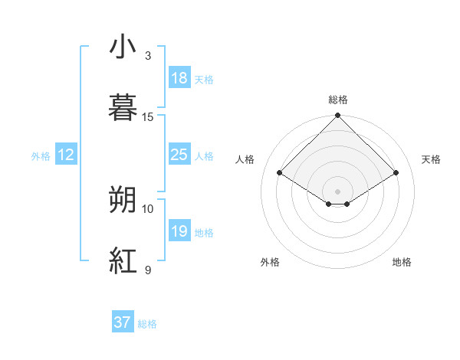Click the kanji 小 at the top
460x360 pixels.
pos(123,48)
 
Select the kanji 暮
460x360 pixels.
pos(123,108)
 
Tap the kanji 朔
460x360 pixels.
pos(123,200)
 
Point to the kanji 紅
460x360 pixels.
pos(123,260)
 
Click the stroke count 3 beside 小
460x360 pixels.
pos(148,56)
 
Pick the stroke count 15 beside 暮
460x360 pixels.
pos(148,116)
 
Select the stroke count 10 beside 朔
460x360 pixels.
pos(148,208)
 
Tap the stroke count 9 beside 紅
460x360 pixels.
pos(148,269)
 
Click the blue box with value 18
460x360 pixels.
pos(179,78)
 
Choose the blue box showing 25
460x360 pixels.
pos(179,155)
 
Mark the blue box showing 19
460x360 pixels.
pos(179,231)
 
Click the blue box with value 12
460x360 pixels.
pos(66,155)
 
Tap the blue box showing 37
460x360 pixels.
pos(122,322)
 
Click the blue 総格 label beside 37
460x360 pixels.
pos(147,324)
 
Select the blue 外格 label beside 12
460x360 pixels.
pos(41,156)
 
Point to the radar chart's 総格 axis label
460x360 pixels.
pos(338,100)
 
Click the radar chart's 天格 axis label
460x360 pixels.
pos(431,159)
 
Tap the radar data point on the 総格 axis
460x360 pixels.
pos(338,116)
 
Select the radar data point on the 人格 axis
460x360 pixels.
pos(280,173)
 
